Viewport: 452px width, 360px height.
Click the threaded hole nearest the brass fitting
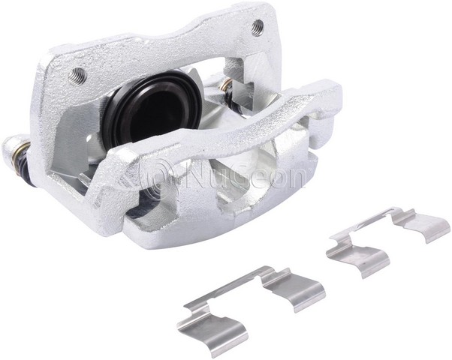pyautogui.click(x=258, y=28)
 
